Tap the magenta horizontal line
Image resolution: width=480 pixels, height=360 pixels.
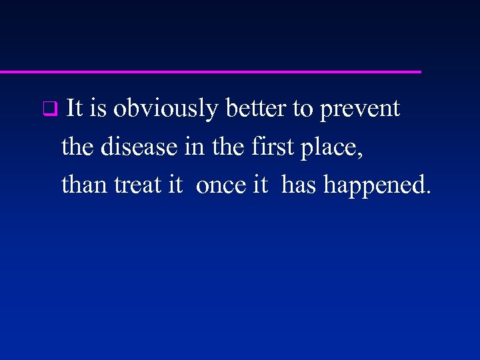(210, 71)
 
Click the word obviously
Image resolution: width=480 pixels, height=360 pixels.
(165, 109)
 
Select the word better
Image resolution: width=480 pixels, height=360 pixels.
(256, 108)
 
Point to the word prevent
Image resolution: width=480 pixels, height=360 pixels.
(360, 109)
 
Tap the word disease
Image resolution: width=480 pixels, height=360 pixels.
(140, 147)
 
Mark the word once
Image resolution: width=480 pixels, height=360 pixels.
(221, 185)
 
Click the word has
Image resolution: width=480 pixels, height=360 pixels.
(300, 185)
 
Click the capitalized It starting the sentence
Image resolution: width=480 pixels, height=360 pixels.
(75, 108)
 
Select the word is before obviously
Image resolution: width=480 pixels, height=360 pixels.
(98, 108)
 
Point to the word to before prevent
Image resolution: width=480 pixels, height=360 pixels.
(303, 109)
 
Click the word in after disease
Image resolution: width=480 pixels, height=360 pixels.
(194, 147)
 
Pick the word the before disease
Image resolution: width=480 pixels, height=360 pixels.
(78, 147)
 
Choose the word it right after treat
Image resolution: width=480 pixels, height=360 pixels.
(175, 185)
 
